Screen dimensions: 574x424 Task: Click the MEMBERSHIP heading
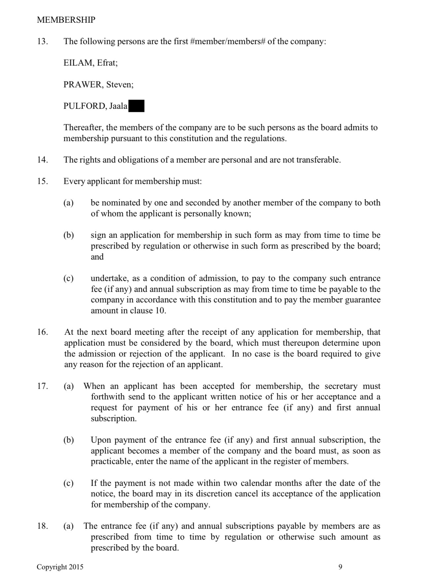[66, 20]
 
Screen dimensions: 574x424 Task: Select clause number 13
[42, 42]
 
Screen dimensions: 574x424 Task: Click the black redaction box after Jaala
[136, 106]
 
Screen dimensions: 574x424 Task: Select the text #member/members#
[228, 42]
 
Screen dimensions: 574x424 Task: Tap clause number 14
[42, 160]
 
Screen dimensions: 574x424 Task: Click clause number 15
[42, 181]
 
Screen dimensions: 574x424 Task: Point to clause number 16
[42, 332]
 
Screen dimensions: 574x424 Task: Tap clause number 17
[42, 386]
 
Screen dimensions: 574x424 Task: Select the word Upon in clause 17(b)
[101, 440]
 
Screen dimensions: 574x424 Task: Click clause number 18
[42, 526]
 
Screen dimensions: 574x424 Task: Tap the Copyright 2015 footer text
[60, 567]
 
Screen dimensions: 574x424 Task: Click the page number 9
[340, 567]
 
